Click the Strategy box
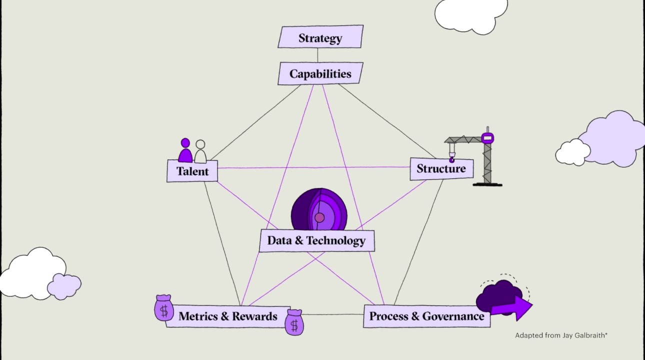[320, 36]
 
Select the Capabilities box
[320, 73]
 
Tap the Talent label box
[192, 171]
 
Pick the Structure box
[441, 169]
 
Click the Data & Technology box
[316, 241]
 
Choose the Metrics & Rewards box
[228, 316]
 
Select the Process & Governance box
[426, 316]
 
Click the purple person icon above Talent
[185, 150]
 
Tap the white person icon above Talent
[200, 151]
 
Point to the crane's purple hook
[452, 159]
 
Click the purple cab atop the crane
[487, 138]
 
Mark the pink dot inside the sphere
[319, 217]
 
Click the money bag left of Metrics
[164, 307]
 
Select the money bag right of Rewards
[294, 322]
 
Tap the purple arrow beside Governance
[513, 308]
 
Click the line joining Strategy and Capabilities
[317, 55]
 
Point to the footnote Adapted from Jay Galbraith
[561, 335]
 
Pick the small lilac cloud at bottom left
[64, 286]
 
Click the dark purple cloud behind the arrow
[499, 296]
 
